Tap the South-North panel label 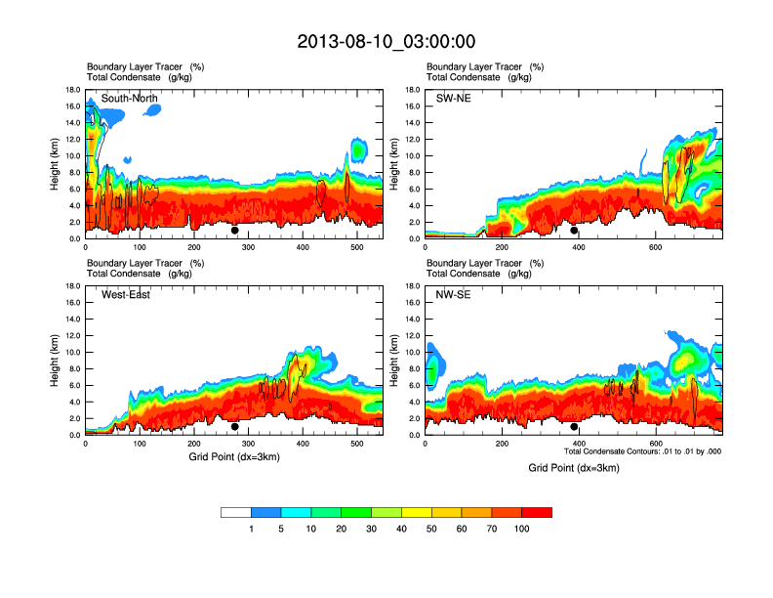coord(129,98)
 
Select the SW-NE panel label coord(453,98)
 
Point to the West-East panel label coord(125,295)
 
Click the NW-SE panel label coord(453,295)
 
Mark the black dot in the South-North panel coord(234,231)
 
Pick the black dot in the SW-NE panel coord(574,231)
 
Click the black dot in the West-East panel coord(234,427)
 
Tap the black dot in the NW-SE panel coord(574,427)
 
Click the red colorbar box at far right coord(537,512)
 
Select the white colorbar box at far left coord(235,512)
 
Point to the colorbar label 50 coord(431,529)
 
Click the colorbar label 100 coord(522,529)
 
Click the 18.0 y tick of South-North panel coord(72,89)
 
